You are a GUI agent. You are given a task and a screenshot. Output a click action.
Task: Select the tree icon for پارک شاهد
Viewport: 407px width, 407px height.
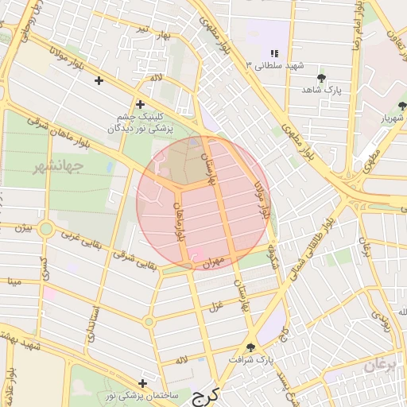(x=321, y=78)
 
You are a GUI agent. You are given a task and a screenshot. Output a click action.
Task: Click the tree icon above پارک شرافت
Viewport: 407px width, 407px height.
(x=252, y=347)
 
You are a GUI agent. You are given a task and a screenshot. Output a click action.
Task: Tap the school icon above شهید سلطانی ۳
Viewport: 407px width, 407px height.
(x=274, y=52)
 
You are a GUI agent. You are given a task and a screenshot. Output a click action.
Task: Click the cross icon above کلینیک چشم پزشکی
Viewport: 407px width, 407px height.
(x=140, y=104)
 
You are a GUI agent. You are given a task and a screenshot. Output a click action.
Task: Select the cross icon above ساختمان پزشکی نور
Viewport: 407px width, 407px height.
(x=142, y=382)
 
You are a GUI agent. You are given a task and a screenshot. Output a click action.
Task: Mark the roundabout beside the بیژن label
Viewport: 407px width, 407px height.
(x=46, y=231)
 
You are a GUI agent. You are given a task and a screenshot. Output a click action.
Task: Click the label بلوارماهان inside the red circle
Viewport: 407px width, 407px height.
(x=180, y=221)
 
